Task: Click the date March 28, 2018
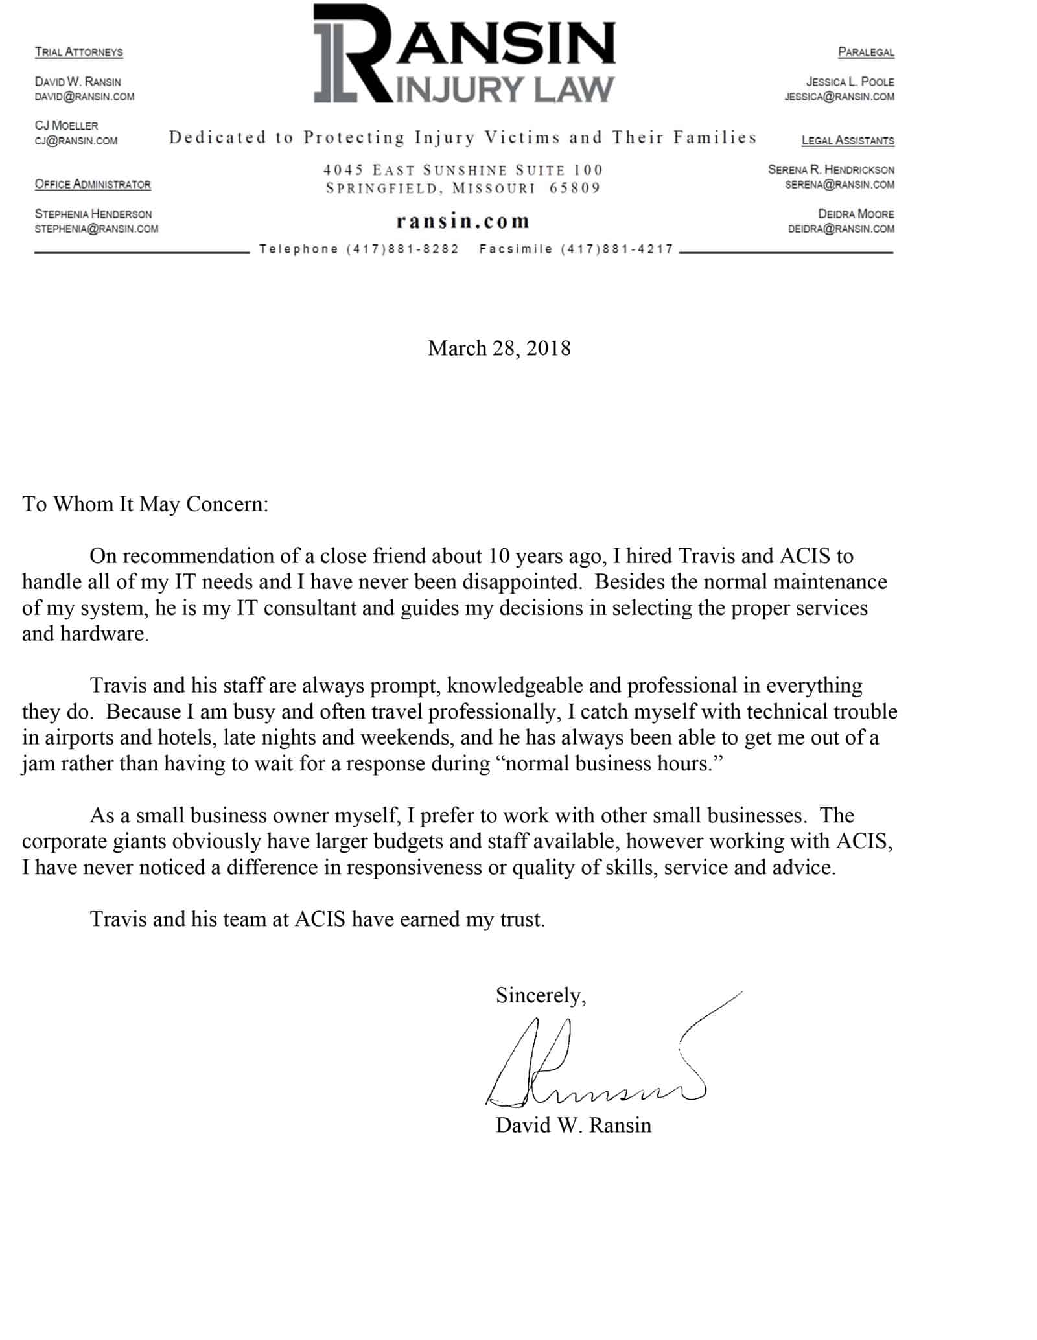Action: point(499,349)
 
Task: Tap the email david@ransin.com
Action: point(84,97)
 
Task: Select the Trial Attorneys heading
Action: point(78,52)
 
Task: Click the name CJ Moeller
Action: point(66,125)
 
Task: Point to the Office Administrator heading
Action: point(93,184)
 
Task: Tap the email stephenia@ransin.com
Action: point(96,229)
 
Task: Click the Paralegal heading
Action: point(865,52)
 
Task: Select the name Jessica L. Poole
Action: point(850,82)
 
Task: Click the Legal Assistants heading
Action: point(847,140)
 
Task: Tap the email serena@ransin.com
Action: point(839,185)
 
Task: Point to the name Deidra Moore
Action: point(856,214)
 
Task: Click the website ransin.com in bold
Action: point(463,222)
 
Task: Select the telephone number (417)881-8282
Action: point(402,249)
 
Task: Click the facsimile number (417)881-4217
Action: point(617,249)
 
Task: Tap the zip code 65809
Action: point(575,189)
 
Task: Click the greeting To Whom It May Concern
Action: point(145,504)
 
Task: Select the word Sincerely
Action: point(540,995)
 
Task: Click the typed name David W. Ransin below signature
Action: point(573,1125)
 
